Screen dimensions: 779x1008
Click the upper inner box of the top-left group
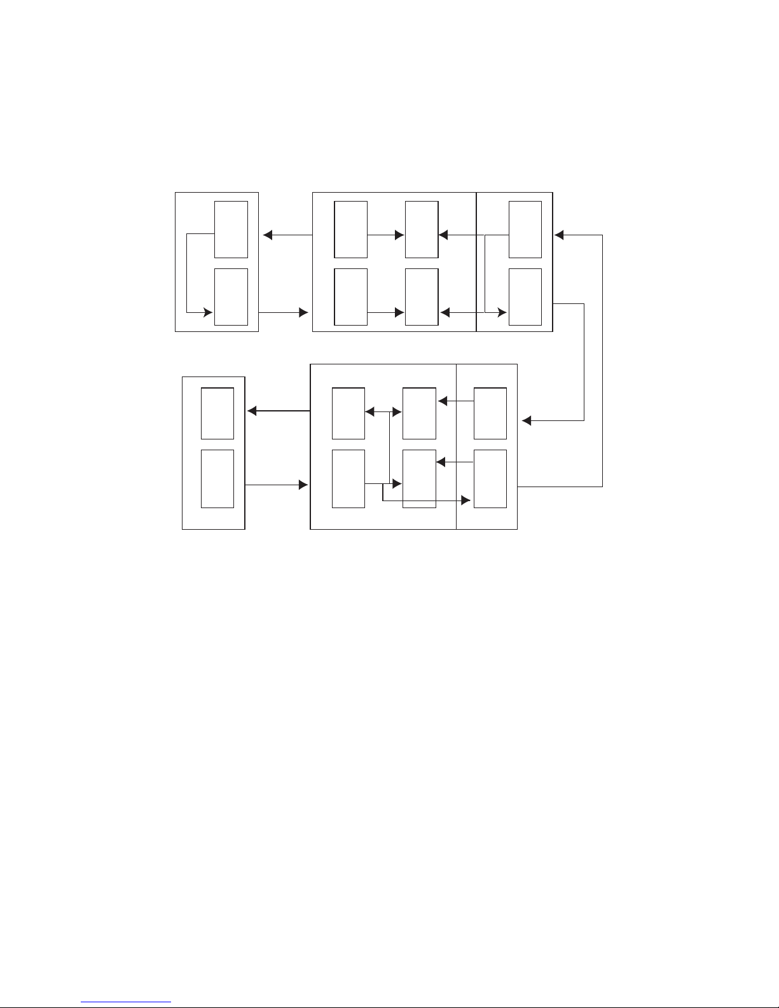point(231,229)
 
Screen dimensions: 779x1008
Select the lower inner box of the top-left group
point(231,296)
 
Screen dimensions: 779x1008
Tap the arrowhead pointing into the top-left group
point(268,235)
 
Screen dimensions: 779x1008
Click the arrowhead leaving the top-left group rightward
point(303,312)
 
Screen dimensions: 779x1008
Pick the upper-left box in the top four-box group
point(350,229)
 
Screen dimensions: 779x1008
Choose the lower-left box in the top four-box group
point(350,296)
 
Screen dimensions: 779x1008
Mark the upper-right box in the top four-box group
point(422,229)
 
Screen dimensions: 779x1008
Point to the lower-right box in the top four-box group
point(422,296)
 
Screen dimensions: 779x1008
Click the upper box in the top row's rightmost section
point(525,229)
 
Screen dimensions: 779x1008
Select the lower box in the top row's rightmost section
point(525,296)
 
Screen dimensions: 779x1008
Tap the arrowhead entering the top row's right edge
point(559,235)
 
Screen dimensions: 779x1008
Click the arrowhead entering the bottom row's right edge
point(526,420)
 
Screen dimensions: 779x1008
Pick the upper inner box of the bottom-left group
point(217,413)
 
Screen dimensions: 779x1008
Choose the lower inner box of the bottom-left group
point(217,479)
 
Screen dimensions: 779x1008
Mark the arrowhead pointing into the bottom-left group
point(252,411)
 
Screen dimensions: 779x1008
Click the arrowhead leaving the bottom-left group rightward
point(303,485)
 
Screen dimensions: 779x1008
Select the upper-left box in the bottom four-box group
point(348,413)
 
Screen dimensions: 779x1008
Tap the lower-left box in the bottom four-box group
point(348,479)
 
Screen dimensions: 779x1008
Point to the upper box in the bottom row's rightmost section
point(490,413)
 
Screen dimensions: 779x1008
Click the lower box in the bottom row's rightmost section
point(490,479)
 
